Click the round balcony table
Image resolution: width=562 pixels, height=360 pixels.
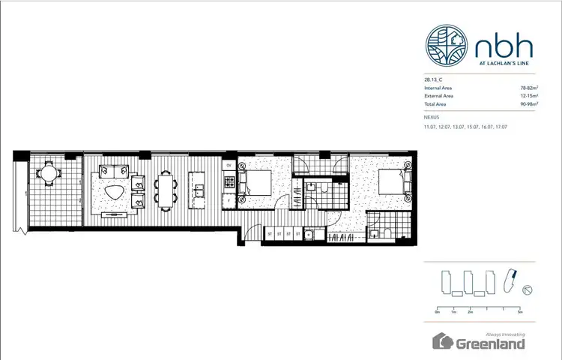click(x=49, y=173)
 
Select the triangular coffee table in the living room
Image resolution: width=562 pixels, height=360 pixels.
click(x=114, y=191)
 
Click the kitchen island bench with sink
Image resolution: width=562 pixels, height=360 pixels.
click(x=198, y=190)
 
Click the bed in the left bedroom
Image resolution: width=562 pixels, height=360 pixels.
click(x=256, y=184)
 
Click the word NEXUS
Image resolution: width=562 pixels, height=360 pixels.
click(x=432, y=118)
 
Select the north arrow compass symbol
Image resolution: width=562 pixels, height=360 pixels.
click(x=528, y=289)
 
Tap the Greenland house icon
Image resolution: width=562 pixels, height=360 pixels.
click(x=444, y=342)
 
